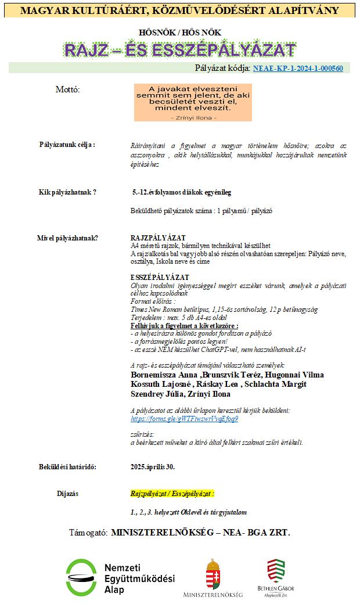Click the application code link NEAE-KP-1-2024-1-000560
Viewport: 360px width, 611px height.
pyautogui.click(x=298, y=68)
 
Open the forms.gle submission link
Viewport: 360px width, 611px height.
pyautogui.click(x=184, y=418)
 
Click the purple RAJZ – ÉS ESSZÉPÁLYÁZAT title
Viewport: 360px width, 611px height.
pyautogui.click(x=180, y=51)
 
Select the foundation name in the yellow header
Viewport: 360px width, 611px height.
pyautogui.click(x=180, y=10)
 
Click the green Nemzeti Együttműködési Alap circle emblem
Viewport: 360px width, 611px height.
pyautogui.click(x=81, y=577)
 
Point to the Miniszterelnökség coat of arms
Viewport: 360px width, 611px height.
pyautogui.click(x=213, y=575)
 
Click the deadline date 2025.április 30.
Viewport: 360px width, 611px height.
pyautogui.click(x=153, y=466)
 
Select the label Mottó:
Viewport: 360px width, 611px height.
pyautogui.click(x=67, y=89)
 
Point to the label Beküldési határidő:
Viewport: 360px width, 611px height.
pyautogui.click(x=67, y=466)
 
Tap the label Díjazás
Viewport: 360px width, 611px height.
pyautogui.click(x=67, y=494)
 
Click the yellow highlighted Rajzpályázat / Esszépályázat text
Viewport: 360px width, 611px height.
pyautogui.click(x=172, y=494)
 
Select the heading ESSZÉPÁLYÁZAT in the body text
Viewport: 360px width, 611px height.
pyautogui.click(x=160, y=278)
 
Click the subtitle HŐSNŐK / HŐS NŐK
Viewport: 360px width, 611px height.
pyautogui.click(x=180, y=33)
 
